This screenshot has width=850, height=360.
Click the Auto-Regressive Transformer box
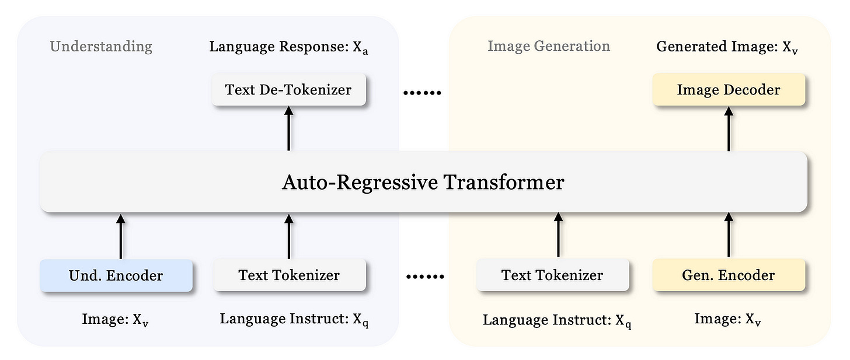423,183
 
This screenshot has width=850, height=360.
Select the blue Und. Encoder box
116,275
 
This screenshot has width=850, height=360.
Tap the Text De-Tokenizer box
288,89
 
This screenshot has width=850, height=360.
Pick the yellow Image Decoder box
728,89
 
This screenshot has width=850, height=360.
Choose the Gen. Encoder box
728,275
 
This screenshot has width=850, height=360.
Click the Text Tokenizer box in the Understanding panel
288,275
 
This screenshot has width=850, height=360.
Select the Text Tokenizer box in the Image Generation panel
552,275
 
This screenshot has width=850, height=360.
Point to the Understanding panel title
101,47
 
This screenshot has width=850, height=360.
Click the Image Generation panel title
549,46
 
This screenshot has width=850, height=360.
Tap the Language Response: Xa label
288,47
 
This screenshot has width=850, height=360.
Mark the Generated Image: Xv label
727,47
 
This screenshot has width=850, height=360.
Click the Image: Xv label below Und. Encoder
115,319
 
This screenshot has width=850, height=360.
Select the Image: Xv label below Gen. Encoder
727,319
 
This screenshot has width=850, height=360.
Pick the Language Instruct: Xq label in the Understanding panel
294,319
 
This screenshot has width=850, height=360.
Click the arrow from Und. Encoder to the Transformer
121,236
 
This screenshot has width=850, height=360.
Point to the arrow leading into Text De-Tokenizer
288,130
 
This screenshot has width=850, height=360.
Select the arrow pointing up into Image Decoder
728,130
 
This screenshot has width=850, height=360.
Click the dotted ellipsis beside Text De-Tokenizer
423,93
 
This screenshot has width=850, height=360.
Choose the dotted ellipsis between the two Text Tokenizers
425,277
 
